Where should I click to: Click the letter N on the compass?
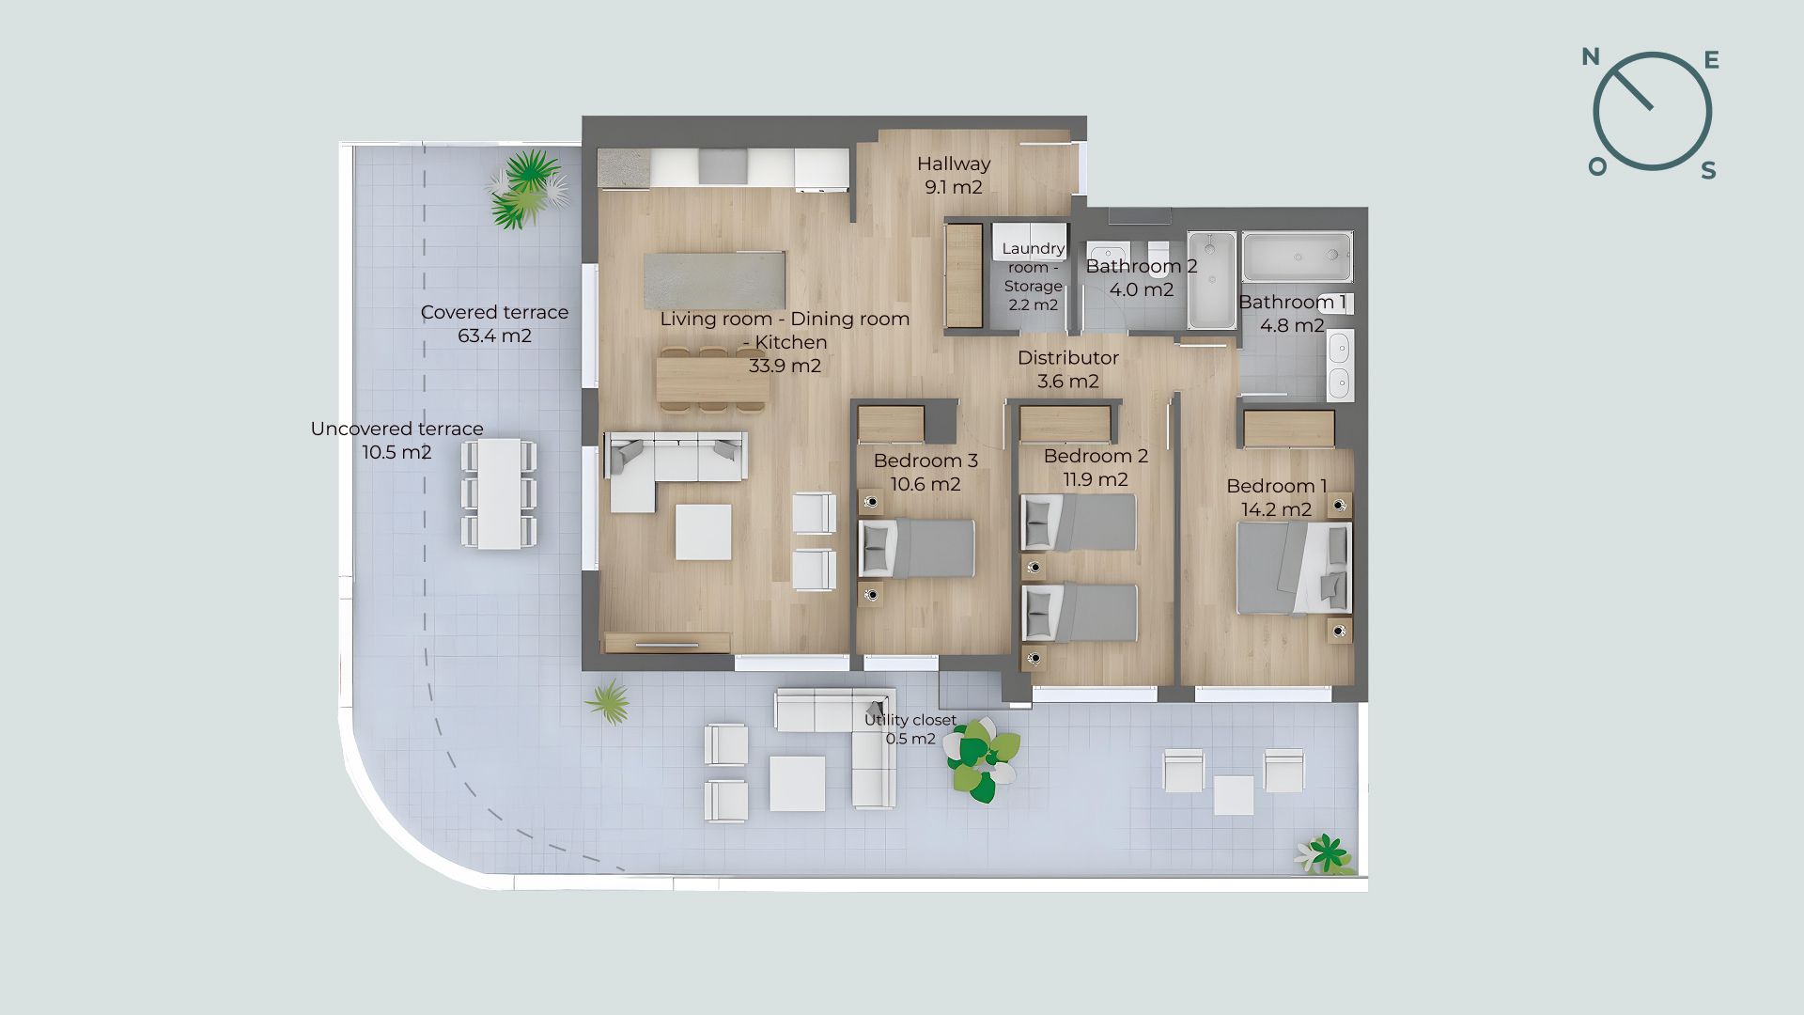pyautogui.click(x=1591, y=57)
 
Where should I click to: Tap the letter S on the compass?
pyautogui.click(x=1709, y=170)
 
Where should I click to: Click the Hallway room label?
pyautogui.click(x=954, y=164)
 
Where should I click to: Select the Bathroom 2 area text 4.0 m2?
pyautogui.click(x=1142, y=289)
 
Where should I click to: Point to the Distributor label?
pyautogui.click(x=1068, y=358)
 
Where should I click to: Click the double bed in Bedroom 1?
pyautogui.click(x=1294, y=568)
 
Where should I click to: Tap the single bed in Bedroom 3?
pyautogui.click(x=917, y=548)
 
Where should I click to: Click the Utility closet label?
pyautogui.click(x=910, y=720)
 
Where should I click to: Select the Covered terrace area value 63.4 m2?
pyautogui.click(x=494, y=336)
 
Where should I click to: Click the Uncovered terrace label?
pyautogui.click(x=397, y=429)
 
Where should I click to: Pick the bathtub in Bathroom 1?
pyautogui.click(x=1298, y=257)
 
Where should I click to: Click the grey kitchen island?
pyautogui.click(x=715, y=280)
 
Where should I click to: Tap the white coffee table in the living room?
pyautogui.click(x=704, y=532)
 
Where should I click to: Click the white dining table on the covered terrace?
pyautogui.click(x=499, y=493)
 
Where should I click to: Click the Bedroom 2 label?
pyautogui.click(x=1096, y=457)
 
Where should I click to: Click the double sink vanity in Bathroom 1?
pyautogui.click(x=1340, y=365)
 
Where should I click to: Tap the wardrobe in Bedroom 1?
pyautogui.click(x=1289, y=429)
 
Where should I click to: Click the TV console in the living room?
pyautogui.click(x=667, y=643)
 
